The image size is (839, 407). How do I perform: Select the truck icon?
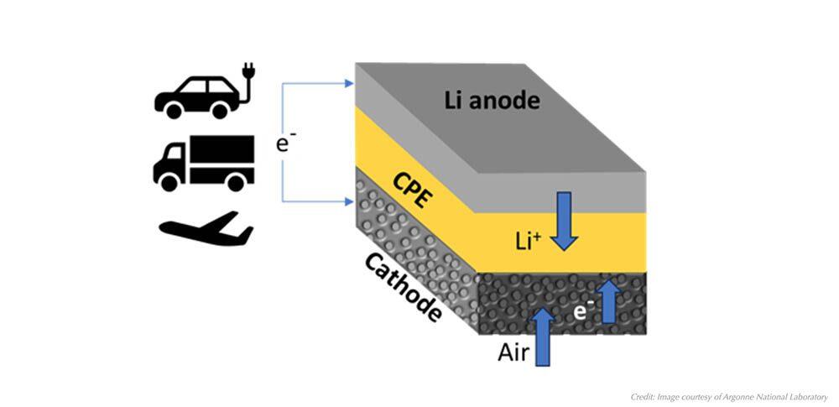[203, 163]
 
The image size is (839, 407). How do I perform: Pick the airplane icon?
[206, 229]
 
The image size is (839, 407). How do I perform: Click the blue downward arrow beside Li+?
[564, 222]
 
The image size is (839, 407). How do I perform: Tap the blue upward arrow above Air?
[544, 336]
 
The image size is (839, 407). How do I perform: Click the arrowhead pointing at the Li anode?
[350, 83]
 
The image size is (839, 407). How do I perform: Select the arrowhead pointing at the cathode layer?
[350, 201]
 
